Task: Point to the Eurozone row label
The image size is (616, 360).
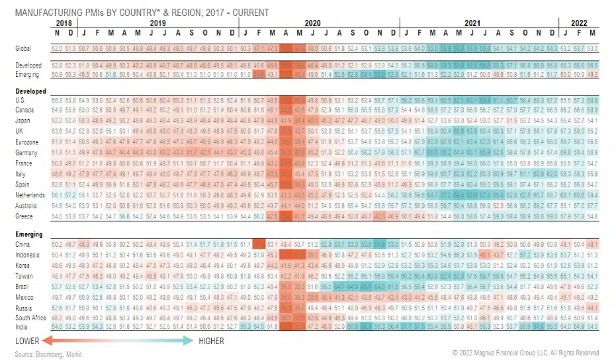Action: pos(26,142)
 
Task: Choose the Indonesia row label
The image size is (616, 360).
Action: pos(27,255)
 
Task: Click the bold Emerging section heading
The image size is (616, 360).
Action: pos(29,234)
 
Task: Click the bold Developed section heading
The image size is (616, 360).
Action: pos(30,91)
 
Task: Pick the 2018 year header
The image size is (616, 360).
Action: pos(64,22)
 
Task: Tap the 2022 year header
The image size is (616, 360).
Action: pos(578,22)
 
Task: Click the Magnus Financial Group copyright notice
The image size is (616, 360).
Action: pos(525,353)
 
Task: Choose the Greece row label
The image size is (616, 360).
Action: pos(24,216)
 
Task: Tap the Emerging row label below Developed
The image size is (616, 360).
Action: pos(28,75)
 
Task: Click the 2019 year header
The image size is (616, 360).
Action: pos(157,22)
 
